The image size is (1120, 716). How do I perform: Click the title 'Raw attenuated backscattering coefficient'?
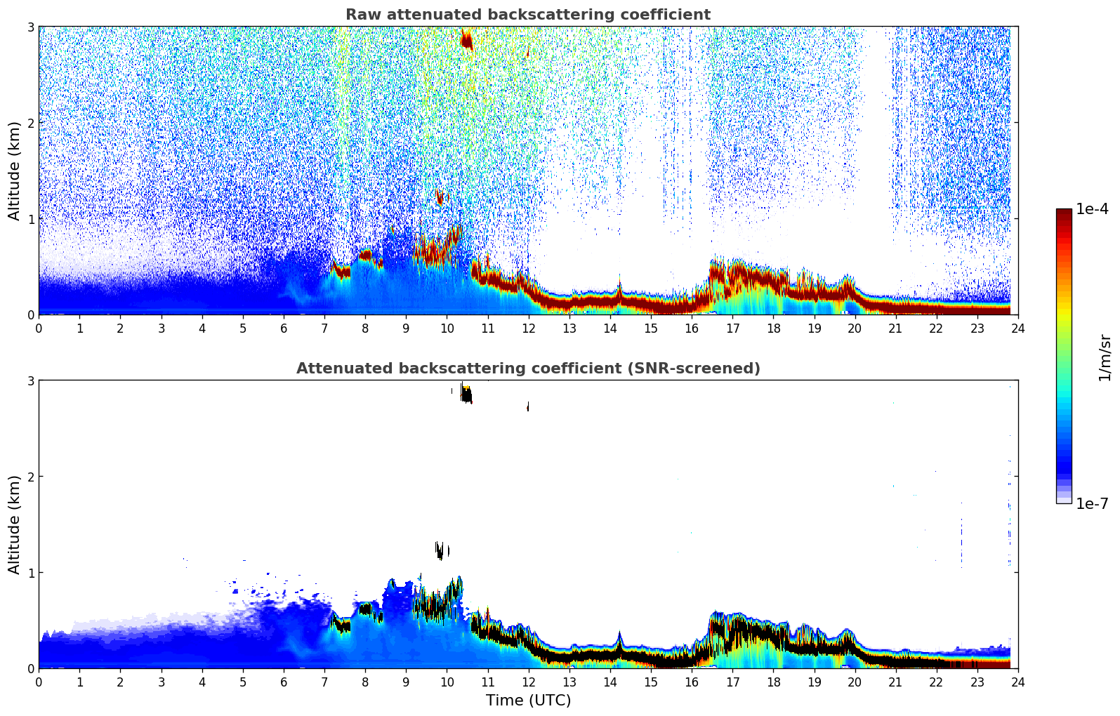coord(528,15)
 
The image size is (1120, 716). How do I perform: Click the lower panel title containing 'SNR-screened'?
coord(528,369)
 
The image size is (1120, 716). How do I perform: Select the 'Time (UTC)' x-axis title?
coord(528,700)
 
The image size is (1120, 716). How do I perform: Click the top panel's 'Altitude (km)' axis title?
coord(15,171)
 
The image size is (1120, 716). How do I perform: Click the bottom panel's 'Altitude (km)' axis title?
coord(15,524)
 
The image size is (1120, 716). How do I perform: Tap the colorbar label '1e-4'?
coord(1092,209)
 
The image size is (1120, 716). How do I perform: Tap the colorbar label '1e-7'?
coord(1092,503)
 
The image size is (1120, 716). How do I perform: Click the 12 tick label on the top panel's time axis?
coord(528,328)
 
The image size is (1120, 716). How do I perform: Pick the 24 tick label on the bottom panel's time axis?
coord(1017,682)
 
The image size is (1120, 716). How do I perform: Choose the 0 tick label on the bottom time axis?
coord(39,682)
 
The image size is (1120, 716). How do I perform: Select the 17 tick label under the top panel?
coord(732,328)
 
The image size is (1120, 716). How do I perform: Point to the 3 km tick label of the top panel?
coord(30,27)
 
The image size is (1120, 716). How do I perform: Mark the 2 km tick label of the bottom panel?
coord(30,477)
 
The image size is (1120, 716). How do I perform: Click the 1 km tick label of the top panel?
coord(30,219)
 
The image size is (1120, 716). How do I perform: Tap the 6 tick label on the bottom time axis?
coord(284,682)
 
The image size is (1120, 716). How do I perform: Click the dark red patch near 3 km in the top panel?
coord(466,40)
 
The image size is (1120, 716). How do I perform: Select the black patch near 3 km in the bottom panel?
coord(466,395)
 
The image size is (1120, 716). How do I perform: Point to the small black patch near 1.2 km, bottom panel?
coord(440,550)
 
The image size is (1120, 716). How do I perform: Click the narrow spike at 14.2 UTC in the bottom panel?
coord(619,639)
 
